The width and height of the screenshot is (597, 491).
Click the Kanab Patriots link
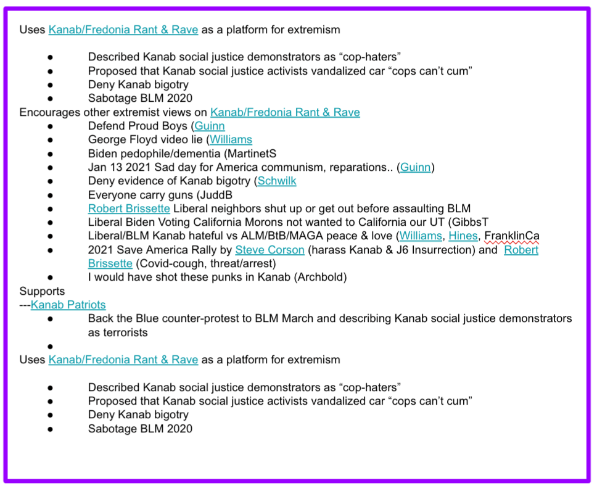(68, 305)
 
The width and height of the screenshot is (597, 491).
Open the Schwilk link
(277, 181)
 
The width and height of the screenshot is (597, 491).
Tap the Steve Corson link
(270, 250)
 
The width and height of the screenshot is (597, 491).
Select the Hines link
(463, 236)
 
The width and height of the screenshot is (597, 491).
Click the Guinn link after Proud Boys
(210, 126)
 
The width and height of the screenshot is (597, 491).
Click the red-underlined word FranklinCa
(512, 236)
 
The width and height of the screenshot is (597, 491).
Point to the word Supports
(42, 291)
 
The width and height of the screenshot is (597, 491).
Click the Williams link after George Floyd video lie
(231, 139)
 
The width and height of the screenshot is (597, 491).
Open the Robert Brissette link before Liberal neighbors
(129, 208)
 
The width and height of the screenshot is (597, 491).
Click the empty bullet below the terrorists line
(49, 346)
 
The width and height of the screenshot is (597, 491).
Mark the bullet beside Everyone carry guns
(49, 195)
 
